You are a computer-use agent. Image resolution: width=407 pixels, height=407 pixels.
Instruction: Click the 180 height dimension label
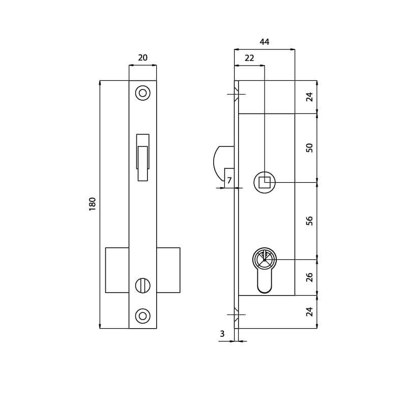pos(92,204)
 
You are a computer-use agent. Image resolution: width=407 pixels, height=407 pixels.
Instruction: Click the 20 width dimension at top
pos(142,58)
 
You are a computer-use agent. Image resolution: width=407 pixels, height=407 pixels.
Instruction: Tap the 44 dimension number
pos(265,42)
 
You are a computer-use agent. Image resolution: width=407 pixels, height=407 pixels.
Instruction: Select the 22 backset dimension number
pos(249,59)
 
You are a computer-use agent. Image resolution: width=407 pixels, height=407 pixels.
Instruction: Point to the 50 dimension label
pos(309,148)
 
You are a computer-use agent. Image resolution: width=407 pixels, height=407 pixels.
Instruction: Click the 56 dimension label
pos(309,221)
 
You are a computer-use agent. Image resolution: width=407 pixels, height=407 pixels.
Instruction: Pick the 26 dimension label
pos(309,277)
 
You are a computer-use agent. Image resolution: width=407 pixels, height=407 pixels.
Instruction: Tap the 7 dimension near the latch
pos(229,181)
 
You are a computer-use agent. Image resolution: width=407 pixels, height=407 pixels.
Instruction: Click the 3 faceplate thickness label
pos(222,334)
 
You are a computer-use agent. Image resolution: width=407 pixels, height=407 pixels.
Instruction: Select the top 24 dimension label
pos(309,97)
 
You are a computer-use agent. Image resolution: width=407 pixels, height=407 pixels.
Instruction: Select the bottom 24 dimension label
pos(309,311)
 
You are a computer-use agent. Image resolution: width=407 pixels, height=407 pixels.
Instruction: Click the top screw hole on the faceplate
pos(142,93)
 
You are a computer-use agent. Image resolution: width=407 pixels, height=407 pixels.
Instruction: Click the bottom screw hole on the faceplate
pos(142,316)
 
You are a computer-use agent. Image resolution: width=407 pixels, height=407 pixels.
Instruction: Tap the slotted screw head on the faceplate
pos(142,285)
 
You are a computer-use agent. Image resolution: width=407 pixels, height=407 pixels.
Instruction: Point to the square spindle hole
pos(265,182)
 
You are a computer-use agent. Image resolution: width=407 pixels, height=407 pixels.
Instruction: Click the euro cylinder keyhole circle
pos(265,259)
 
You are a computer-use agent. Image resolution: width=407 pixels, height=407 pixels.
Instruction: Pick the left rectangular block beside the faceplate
pos(117,270)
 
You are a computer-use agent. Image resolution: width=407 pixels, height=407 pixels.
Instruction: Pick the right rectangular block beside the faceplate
pos(168,270)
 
